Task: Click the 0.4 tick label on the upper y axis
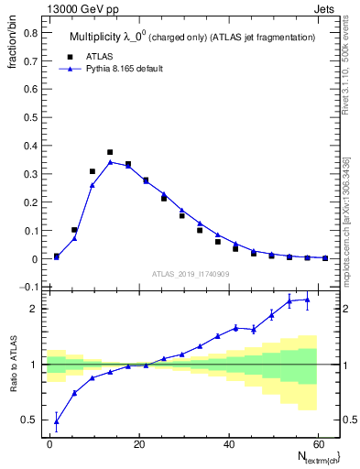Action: point(29,147)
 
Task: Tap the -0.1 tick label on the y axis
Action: point(27,288)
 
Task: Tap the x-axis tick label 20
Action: point(139,444)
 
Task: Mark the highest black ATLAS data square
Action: point(110,152)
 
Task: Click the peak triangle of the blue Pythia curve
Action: point(110,162)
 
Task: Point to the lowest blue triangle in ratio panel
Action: point(57,422)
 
